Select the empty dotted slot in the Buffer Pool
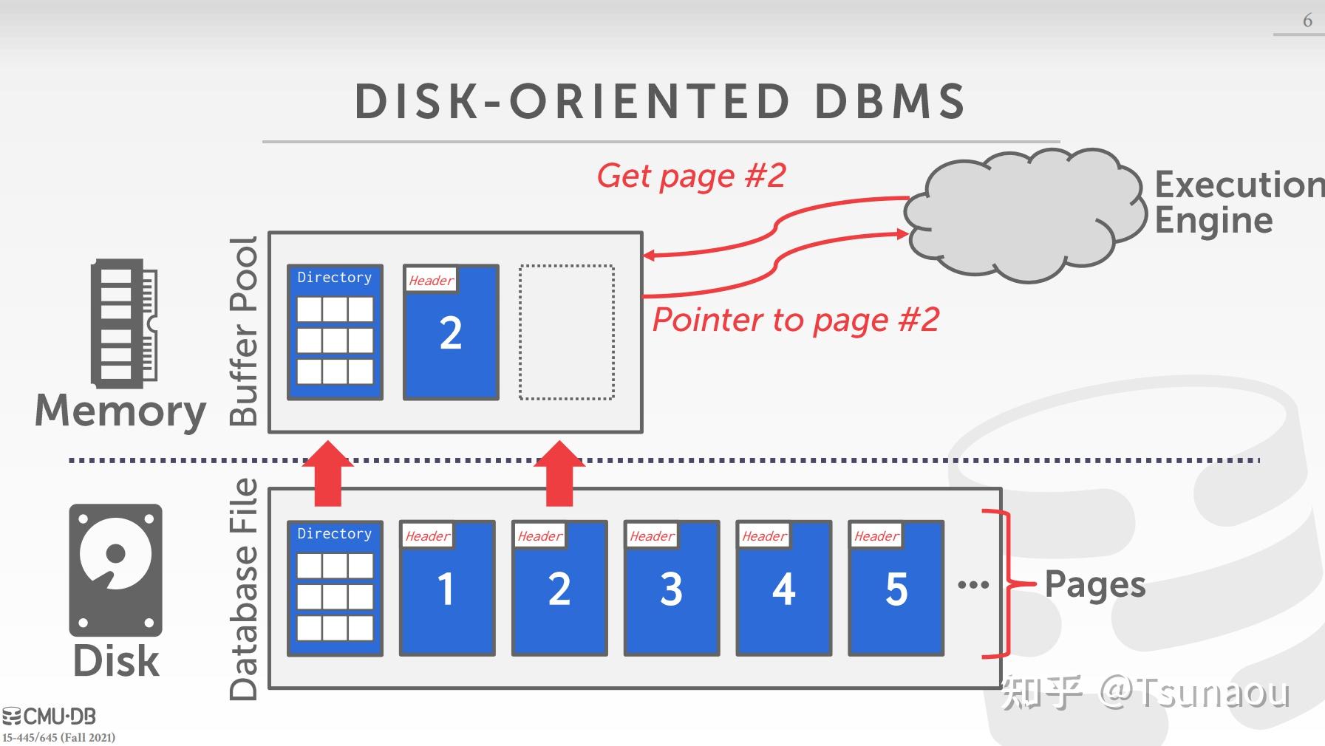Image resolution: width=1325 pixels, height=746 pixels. pyautogui.click(x=567, y=332)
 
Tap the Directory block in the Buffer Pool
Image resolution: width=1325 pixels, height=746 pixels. pyautogui.click(x=335, y=332)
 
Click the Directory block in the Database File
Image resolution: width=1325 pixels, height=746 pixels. pyautogui.click(x=335, y=589)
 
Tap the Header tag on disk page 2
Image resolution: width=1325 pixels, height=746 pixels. pyautogui.click(x=539, y=536)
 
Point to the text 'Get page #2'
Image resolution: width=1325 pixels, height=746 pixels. pyautogui.click(x=691, y=177)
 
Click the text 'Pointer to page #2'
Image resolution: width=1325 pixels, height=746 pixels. pyautogui.click(x=795, y=321)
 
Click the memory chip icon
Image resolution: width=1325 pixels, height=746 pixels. pyautogui.click(x=123, y=324)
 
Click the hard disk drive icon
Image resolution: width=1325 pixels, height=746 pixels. pyautogui.click(x=116, y=569)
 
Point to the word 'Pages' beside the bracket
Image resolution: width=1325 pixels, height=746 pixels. pyautogui.click(x=1094, y=585)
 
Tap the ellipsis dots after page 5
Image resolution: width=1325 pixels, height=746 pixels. pyautogui.click(x=973, y=585)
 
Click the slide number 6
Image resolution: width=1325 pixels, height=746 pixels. pyautogui.click(x=1307, y=21)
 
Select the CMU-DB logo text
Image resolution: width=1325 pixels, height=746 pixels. pyautogui.click(x=50, y=716)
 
